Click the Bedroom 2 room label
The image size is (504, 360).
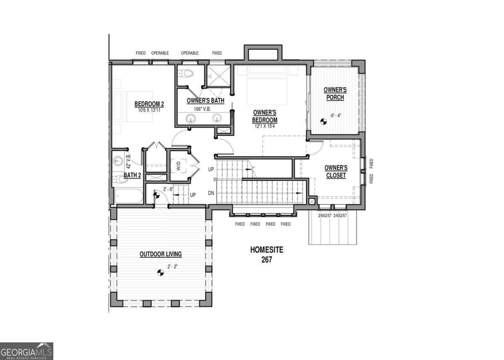point(149,104)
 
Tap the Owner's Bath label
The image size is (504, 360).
point(205,101)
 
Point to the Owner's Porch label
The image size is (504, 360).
point(335,94)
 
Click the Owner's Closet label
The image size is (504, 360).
point(336,171)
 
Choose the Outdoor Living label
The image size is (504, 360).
point(160,254)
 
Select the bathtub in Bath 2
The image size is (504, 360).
point(129,196)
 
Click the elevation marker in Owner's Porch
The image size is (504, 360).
point(323,121)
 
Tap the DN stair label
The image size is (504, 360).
point(212,193)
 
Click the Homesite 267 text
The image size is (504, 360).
point(267,255)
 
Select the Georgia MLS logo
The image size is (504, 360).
point(26,351)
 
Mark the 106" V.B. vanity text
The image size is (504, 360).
point(202,109)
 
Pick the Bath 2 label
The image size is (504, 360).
point(132,175)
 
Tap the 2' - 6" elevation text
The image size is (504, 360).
point(168,189)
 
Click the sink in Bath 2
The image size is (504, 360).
point(118,161)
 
